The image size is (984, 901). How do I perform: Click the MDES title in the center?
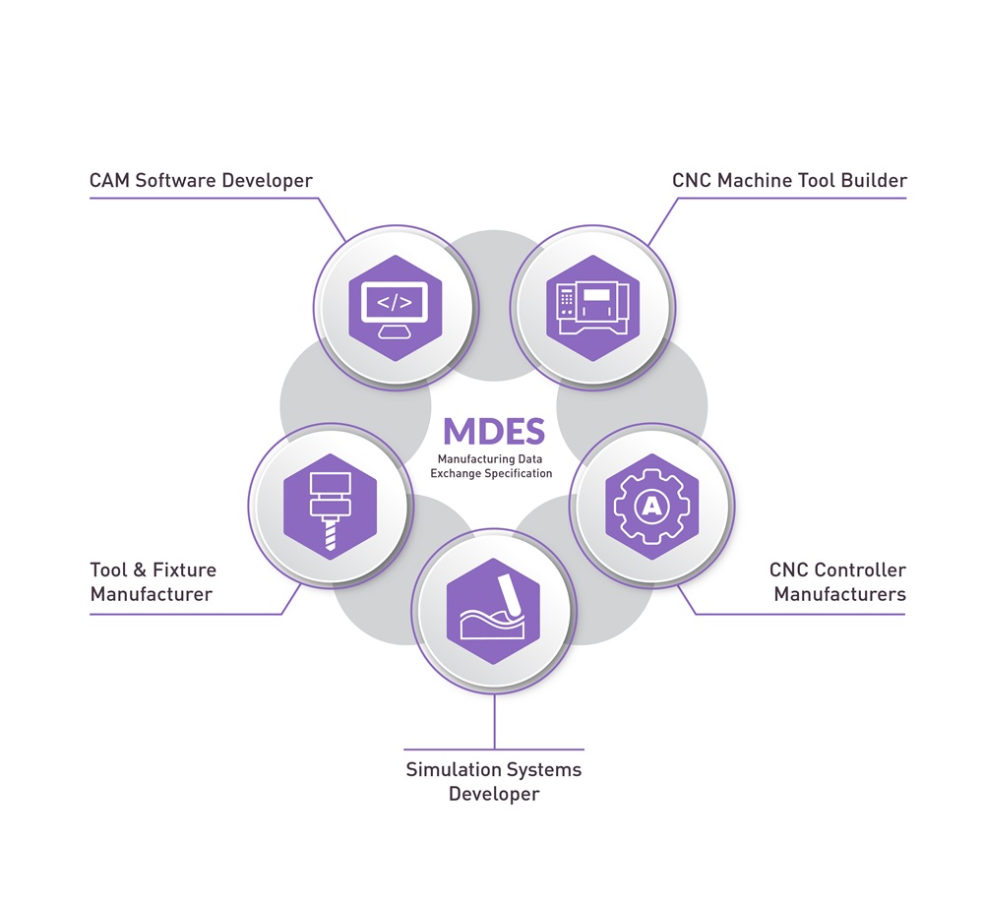(x=493, y=430)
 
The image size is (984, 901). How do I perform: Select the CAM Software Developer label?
(x=201, y=181)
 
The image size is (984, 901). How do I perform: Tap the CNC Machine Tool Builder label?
(x=789, y=181)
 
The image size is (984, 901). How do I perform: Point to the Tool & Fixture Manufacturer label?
(x=153, y=582)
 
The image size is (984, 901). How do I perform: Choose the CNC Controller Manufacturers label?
(x=838, y=582)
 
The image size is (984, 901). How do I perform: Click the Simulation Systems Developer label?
(x=493, y=781)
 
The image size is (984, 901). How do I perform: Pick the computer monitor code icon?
(x=396, y=308)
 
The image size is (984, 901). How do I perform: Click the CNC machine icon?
(x=592, y=308)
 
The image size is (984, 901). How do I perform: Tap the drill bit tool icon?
(x=330, y=507)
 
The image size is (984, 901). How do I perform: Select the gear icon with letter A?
(x=650, y=507)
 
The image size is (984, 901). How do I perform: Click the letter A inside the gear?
(x=650, y=507)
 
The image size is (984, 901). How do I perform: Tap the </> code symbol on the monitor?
(x=396, y=300)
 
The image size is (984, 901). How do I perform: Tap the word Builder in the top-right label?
(x=876, y=181)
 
